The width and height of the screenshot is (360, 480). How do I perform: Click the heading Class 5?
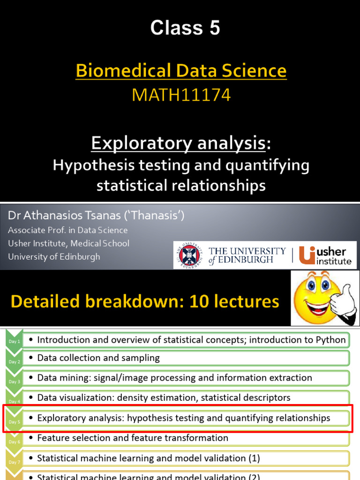pos(185,29)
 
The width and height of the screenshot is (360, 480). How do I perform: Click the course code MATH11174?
pos(181,95)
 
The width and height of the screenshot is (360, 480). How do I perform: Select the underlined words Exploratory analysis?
pos(178,143)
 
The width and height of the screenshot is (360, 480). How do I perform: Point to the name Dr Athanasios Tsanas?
pos(70,216)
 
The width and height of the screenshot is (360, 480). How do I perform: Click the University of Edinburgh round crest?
pos(189,255)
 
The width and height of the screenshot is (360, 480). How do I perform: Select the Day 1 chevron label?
pos(14,342)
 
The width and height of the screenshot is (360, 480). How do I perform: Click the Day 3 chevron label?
pos(14,382)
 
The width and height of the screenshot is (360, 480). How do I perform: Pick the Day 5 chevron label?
pos(14,421)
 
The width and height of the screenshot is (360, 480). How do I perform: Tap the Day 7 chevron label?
pos(14,462)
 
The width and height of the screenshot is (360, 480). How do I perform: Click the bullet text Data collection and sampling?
pos(98,358)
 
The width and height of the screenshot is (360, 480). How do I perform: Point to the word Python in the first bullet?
pos(330,340)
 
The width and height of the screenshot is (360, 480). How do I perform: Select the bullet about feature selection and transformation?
pos(133,438)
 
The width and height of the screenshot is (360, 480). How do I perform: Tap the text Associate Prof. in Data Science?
pos(68,230)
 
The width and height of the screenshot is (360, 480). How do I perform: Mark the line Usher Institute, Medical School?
pos(69,244)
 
